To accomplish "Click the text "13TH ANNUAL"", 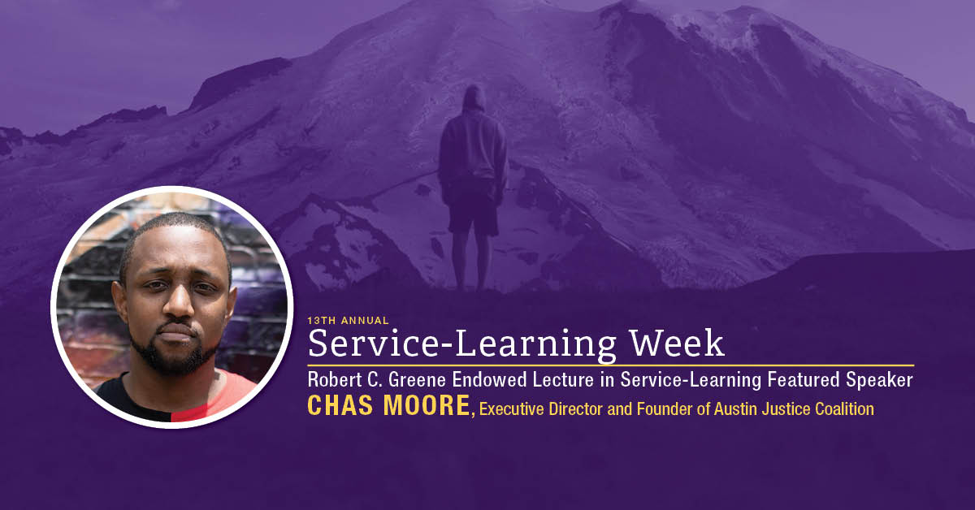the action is (x=348, y=321).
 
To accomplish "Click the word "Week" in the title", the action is (x=678, y=344).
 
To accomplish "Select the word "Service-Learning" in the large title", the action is (x=461, y=345).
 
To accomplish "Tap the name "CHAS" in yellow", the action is (x=340, y=405).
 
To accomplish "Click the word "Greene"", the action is (x=417, y=379).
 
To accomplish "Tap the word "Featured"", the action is (x=804, y=379).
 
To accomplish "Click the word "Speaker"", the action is (x=879, y=380).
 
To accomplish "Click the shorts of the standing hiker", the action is (x=473, y=208).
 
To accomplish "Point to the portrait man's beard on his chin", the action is (x=174, y=357).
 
